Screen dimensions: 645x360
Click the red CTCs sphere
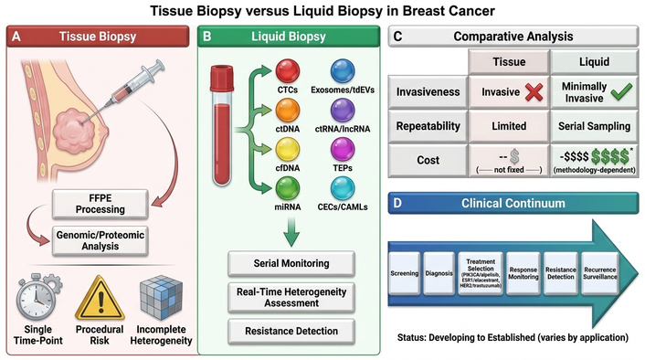click(288, 71)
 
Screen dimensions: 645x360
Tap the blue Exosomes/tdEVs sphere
click(343, 71)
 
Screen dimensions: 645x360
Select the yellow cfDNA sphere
click(288, 149)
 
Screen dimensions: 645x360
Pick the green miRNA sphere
click(288, 188)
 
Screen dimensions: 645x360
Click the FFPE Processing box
click(100, 204)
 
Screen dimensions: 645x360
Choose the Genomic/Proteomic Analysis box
click(100, 240)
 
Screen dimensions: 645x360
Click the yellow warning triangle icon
click(100, 298)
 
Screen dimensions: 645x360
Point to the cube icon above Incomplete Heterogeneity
click(161, 298)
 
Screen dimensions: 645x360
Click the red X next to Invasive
click(534, 91)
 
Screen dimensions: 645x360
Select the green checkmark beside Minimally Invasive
click(621, 91)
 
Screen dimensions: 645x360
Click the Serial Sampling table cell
click(594, 126)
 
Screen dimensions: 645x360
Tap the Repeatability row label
click(428, 126)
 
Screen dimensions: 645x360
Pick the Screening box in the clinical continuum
click(405, 273)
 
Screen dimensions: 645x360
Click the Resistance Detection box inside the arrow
click(561, 273)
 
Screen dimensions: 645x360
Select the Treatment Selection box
click(481, 273)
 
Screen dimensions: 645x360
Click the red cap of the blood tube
click(222, 79)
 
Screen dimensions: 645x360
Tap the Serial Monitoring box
click(291, 263)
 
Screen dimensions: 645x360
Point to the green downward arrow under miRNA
click(291, 232)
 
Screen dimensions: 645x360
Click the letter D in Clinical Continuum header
click(397, 203)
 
